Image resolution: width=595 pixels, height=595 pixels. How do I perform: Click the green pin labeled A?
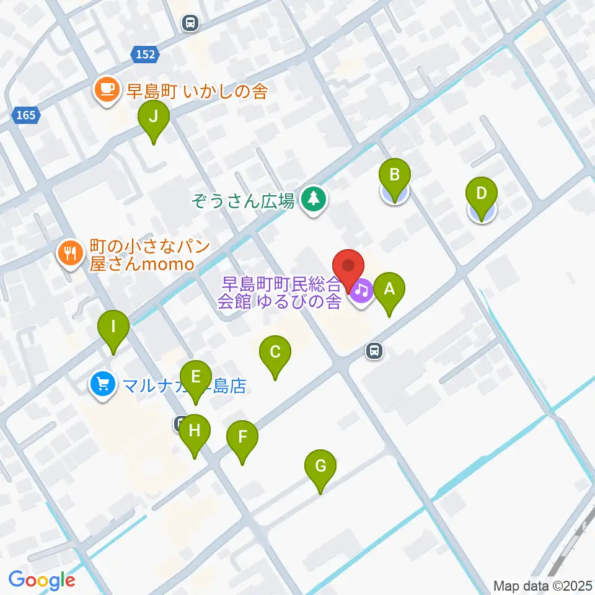point(389,289)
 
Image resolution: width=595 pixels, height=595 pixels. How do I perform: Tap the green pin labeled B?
point(394,175)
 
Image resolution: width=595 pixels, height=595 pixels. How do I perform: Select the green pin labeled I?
point(113,327)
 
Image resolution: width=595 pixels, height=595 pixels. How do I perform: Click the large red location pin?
point(348,267)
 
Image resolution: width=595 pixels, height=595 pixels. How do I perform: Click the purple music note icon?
point(362,289)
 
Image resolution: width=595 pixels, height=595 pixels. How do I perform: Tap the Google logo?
point(42,580)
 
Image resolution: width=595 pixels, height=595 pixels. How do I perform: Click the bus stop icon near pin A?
point(374,351)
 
